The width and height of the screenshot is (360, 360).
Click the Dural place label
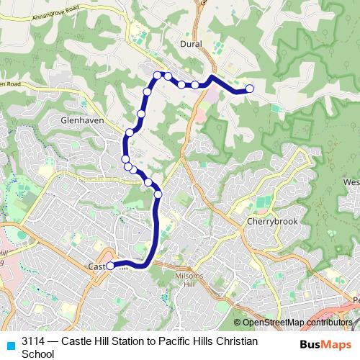(191, 44)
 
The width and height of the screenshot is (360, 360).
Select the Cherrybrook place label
(268, 222)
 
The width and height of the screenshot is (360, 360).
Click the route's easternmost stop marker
(250, 89)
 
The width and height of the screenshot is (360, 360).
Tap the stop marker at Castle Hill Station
(111, 266)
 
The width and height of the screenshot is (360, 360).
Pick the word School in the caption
(38, 354)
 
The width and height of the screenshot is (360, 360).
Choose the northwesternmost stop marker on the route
(157, 75)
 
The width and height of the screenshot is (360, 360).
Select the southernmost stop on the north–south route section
(158, 194)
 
